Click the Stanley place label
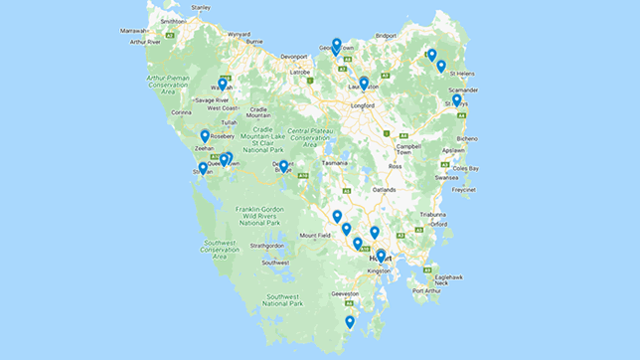pyautogui.click(x=201, y=8)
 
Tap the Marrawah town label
pyautogui.click(x=134, y=31)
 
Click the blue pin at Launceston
pyautogui.click(x=364, y=85)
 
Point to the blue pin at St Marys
pyautogui.click(x=456, y=100)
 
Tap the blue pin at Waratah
pyautogui.click(x=223, y=86)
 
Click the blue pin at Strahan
pyautogui.click(x=203, y=169)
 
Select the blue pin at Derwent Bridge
pyautogui.click(x=283, y=167)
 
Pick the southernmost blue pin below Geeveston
pyautogui.click(x=350, y=322)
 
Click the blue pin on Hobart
pyautogui.click(x=381, y=257)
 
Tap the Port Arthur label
pyautogui.click(x=425, y=290)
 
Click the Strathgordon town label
pyautogui.click(x=268, y=245)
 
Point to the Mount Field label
pyautogui.click(x=314, y=236)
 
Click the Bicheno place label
pyautogui.click(x=466, y=139)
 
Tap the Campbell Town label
pyautogui.click(x=409, y=149)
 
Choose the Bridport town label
pyautogui.click(x=386, y=36)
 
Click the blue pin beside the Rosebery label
pyautogui.click(x=205, y=136)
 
